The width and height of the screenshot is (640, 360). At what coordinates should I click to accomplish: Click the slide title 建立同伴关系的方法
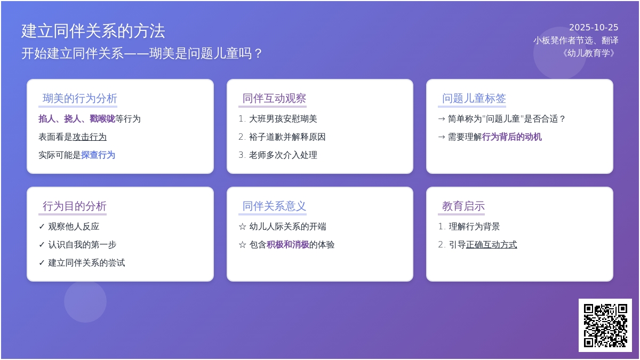click(x=93, y=31)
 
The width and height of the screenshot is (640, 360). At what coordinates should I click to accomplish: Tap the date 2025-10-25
click(x=594, y=27)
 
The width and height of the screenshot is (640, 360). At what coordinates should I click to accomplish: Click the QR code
click(x=605, y=325)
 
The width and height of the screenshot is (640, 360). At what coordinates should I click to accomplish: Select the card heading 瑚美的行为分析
click(x=80, y=98)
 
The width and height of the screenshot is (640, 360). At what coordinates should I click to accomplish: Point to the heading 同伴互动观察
click(x=274, y=98)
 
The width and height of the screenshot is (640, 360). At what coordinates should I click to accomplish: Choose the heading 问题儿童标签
click(x=474, y=98)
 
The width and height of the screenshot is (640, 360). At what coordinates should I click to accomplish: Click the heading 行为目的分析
click(x=75, y=206)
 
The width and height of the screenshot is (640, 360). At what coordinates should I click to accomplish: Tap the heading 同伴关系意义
click(x=274, y=206)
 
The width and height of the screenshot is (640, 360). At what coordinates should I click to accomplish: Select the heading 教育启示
click(x=463, y=206)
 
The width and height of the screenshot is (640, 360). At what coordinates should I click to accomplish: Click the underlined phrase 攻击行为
click(x=90, y=137)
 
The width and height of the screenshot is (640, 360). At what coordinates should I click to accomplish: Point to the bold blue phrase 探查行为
click(x=98, y=155)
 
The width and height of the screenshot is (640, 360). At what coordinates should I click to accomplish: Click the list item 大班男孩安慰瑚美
click(x=283, y=119)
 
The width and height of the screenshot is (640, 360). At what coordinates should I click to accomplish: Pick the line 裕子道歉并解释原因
click(x=287, y=137)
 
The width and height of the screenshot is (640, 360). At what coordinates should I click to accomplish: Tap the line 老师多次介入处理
click(x=283, y=155)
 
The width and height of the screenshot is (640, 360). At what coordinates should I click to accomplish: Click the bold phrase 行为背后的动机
click(x=511, y=137)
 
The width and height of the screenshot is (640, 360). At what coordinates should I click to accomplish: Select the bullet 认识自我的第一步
click(x=82, y=245)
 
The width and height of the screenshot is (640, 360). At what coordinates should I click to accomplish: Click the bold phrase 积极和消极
click(x=287, y=245)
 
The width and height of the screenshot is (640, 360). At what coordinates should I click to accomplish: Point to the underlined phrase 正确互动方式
click(x=491, y=245)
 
